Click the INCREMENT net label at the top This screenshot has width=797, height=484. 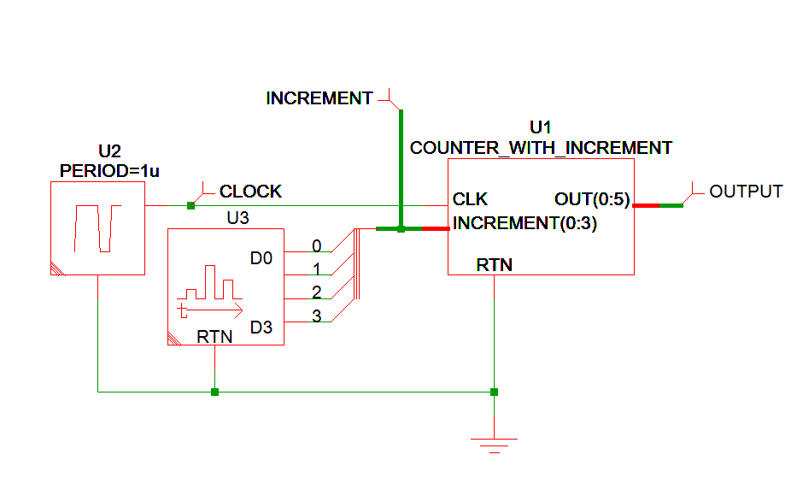[x=319, y=98]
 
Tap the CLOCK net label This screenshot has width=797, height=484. [x=250, y=192]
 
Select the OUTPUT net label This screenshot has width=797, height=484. [x=746, y=192]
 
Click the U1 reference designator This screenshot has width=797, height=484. [x=541, y=128]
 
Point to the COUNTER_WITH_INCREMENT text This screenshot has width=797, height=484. [x=541, y=148]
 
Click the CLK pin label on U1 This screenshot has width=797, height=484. [x=470, y=199]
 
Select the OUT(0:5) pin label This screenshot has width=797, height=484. [x=592, y=199]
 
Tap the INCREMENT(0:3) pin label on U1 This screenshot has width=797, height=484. [x=524, y=224]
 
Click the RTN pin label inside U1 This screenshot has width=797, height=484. [x=494, y=265]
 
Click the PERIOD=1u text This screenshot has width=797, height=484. [x=109, y=171]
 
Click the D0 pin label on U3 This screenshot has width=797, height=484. [x=261, y=257]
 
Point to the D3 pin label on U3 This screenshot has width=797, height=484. [x=261, y=327]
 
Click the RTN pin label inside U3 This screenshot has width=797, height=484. [x=214, y=337]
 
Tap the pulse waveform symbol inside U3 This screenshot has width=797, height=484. [x=210, y=292]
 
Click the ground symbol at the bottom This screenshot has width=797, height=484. [x=494, y=443]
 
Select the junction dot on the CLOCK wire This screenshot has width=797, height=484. [x=190, y=205]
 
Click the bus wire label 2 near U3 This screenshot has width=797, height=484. [x=316, y=292]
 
